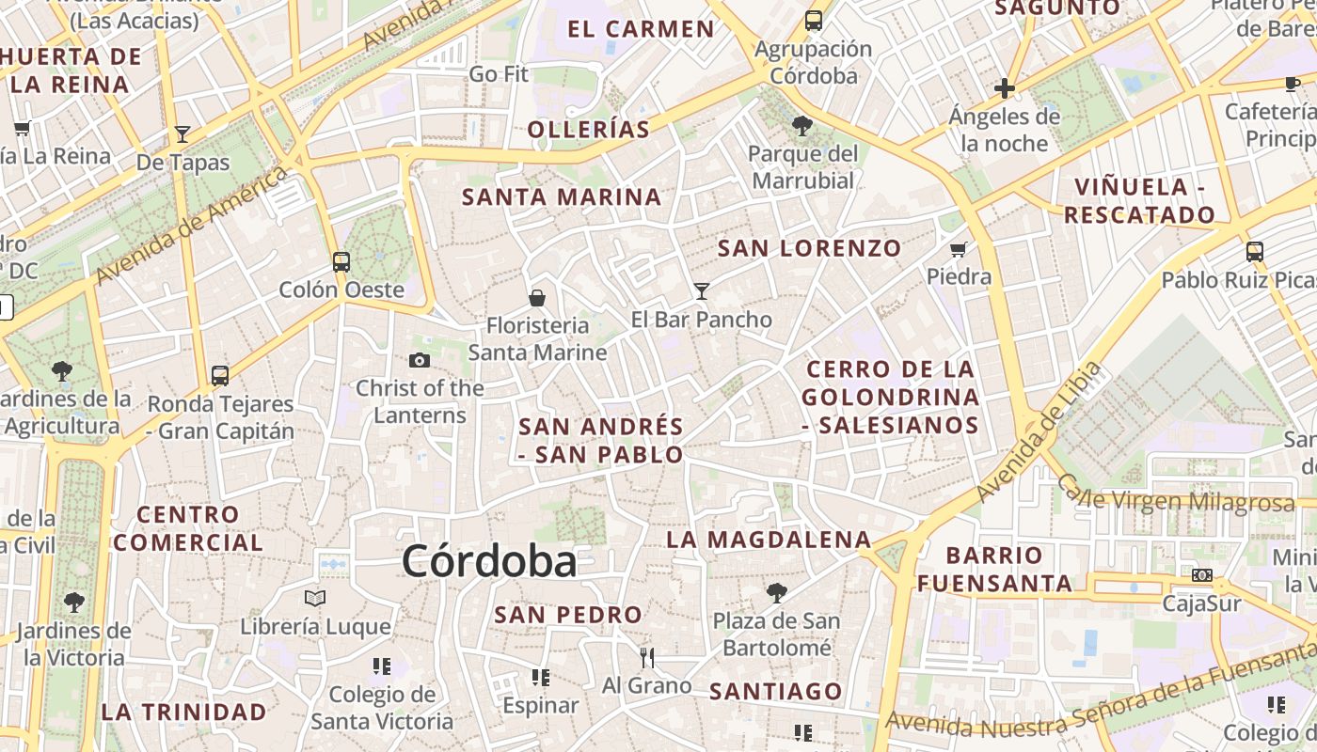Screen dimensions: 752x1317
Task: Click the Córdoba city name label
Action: [x=489, y=562]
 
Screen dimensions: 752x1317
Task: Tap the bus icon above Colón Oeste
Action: [x=341, y=262]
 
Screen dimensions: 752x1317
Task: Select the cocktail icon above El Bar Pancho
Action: [x=701, y=290]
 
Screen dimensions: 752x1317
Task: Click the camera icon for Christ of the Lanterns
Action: [x=420, y=360]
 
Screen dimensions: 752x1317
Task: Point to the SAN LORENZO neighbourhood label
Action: [x=809, y=249]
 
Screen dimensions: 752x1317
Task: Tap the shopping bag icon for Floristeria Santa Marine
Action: [x=537, y=298]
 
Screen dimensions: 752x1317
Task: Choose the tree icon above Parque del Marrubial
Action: [x=802, y=125]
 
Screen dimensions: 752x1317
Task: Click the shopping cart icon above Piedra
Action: [x=959, y=249]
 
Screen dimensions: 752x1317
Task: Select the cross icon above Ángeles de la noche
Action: [x=1005, y=88]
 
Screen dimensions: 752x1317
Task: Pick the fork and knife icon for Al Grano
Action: [x=646, y=657]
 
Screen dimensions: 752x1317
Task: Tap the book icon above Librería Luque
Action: [x=315, y=598]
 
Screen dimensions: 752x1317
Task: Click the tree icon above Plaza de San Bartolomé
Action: [x=777, y=592]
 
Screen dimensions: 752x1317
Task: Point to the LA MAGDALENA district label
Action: [x=769, y=540]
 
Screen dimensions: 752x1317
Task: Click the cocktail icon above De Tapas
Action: [x=182, y=134]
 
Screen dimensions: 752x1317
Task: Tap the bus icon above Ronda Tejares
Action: [x=220, y=376]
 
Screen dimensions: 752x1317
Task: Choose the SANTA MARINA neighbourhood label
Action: [x=562, y=197]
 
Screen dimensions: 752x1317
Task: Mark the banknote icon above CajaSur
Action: [x=1202, y=575]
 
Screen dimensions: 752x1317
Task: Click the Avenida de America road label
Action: [x=191, y=226]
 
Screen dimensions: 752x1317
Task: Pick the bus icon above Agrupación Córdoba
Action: [x=814, y=21]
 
